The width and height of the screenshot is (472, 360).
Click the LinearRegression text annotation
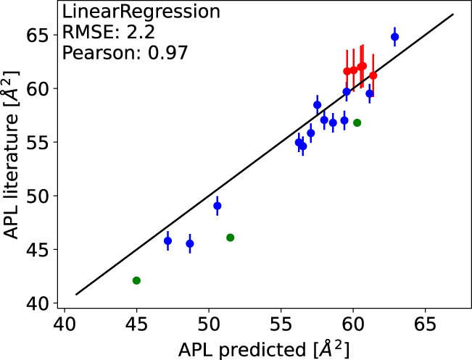(121, 12)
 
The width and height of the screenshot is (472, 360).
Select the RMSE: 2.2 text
(97, 32)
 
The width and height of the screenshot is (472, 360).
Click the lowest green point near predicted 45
(136, 280)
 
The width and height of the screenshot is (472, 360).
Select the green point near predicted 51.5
(231, 238)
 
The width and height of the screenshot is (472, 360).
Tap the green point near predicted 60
(357, 122)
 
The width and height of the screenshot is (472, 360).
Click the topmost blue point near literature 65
(394, 37)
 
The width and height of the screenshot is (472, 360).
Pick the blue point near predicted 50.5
(217, 206)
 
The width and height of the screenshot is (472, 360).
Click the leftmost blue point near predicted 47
(167, 240)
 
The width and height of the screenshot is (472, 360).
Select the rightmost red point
(373, 75)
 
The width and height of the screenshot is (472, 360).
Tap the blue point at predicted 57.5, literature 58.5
(317, 105)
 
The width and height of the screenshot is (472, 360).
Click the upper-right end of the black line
(454, 14)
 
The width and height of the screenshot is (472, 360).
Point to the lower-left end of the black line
(76, 294)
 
